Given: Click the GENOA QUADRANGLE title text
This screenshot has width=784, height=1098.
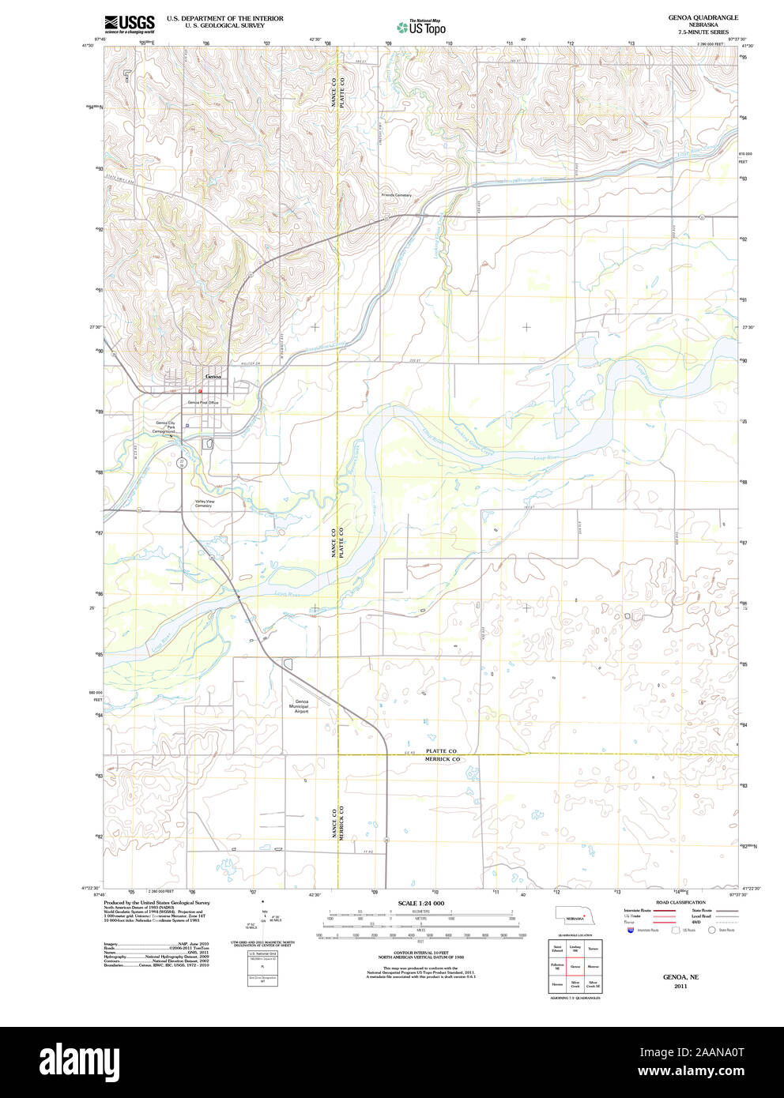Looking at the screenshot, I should coord(702,17).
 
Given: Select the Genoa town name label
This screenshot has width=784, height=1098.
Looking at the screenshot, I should coord(213,377).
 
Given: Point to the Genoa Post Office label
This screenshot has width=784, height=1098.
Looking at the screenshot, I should coord(203,403).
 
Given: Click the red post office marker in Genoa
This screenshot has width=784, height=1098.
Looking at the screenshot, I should coord(201,391).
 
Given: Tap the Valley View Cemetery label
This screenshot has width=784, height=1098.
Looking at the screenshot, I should coord(205,503).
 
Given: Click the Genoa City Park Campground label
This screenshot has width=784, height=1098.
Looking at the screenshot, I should coord(165,427).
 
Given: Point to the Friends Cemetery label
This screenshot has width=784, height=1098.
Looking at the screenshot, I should coord(397,195).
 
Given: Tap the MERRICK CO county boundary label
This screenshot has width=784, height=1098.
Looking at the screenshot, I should coord(442,759).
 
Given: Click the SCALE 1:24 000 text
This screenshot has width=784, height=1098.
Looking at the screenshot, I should coord(420,903).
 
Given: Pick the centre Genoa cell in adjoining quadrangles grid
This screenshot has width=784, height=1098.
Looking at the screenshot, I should coord(575,966).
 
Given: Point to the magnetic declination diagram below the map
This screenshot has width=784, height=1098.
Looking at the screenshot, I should coord(264,916).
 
